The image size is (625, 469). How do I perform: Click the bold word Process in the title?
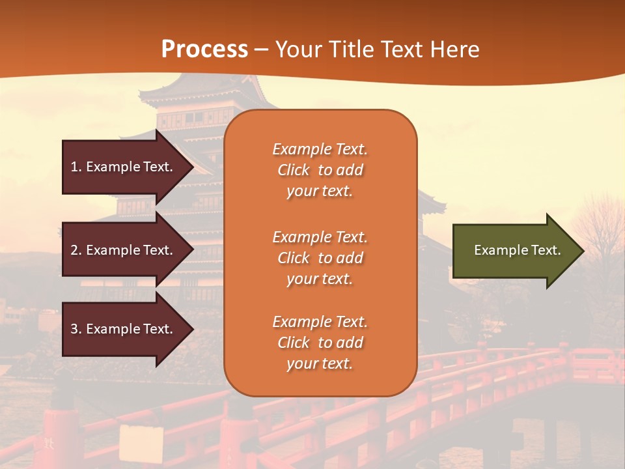(204, 49)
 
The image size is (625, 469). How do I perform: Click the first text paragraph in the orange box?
(320, 170)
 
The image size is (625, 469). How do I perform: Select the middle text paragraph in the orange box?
(320, 258)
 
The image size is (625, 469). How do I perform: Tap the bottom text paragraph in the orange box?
(320, 343)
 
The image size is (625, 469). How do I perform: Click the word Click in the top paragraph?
(294, 170)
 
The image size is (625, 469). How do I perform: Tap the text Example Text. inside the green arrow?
(517, 250)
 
